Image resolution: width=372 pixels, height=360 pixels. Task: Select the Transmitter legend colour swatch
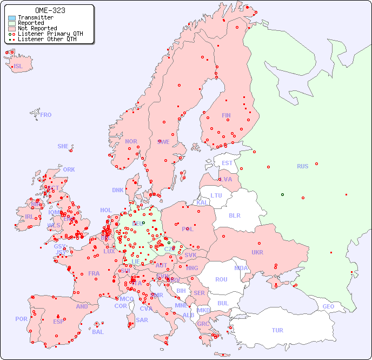click(x=12, y=18)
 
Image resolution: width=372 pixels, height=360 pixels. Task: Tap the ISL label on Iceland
click(x=18, y=67)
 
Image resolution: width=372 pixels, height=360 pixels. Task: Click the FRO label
click(x=46, y=115)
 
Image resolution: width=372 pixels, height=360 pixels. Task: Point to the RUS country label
click(x=302, y=166)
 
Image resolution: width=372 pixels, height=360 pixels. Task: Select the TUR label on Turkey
click(x=277, y=330)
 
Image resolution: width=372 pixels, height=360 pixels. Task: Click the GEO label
click(x=328, y=306)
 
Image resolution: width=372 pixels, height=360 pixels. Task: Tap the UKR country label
click(x=257, y=252)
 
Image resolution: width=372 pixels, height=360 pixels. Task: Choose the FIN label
click(x=226, y=115)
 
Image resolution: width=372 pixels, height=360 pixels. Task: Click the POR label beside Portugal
click(x=21, y=319)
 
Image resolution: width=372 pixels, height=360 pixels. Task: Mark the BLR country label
click(x=235, y=215)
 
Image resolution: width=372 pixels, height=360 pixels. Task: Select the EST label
click(x=227, y=163)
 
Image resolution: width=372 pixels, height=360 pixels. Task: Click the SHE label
click(x=63, y=146)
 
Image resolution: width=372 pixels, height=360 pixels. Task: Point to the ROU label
click(x=221, y=279)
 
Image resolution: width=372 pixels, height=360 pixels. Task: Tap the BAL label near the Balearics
click(x=98, y=332)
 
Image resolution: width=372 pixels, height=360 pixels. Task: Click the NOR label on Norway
click(x=131, y=141)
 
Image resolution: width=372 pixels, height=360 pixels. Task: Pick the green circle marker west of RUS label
click(x=282, y=194)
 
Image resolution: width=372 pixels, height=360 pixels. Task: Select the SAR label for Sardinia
click(x=142, y=320)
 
